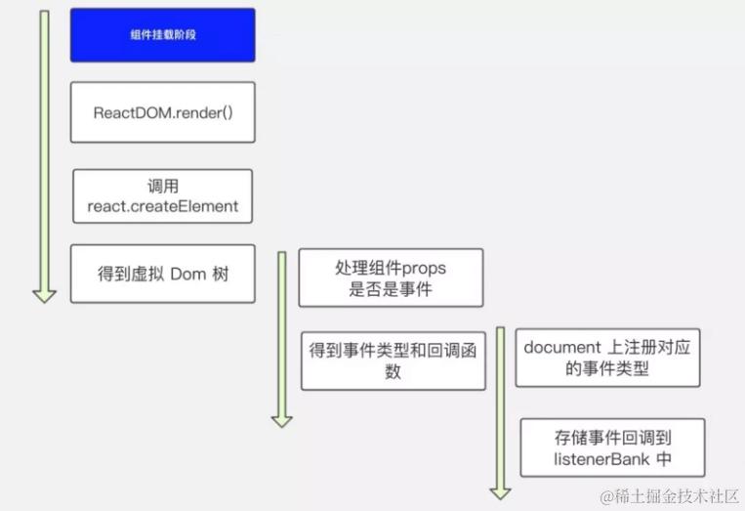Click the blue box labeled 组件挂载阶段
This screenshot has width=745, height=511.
click(162, 35)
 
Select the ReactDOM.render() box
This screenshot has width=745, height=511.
click(162, 112)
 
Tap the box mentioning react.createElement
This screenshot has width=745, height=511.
click(162, 195)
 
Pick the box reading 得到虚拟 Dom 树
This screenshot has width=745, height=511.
click(162, 274)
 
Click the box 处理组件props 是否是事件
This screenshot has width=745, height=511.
click(391, 278)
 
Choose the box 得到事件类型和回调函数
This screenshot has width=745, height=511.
click(393, 361)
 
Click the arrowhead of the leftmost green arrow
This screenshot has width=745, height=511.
click(44, 294)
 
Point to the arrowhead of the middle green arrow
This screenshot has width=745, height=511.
click(282, 419)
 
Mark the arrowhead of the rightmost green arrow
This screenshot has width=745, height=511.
click(501, 490)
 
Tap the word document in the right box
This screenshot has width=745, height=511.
click(559, 348)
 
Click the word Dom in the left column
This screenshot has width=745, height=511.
click(186, 274)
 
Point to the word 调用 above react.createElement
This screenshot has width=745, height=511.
click(162, 186)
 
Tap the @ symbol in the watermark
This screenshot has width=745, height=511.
click(607, 496)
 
